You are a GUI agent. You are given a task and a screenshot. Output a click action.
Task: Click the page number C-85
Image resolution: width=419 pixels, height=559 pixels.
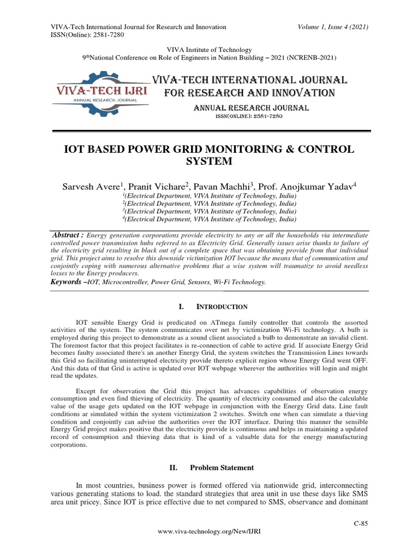[x=361, y=524]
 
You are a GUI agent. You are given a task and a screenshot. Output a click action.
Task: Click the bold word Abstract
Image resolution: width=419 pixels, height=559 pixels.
[x=67, y=234]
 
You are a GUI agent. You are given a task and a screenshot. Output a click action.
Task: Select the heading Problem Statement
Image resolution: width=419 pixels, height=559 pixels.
[x=222, y=468]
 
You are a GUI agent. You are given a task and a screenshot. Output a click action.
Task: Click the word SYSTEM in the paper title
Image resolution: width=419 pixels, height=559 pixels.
[x=209, y=161]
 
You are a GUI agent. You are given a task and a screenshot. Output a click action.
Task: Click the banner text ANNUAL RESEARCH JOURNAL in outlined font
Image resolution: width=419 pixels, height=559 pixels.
[x=251, y=108]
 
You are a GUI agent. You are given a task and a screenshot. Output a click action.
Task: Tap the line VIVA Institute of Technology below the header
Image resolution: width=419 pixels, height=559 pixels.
[x=209, y=49]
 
